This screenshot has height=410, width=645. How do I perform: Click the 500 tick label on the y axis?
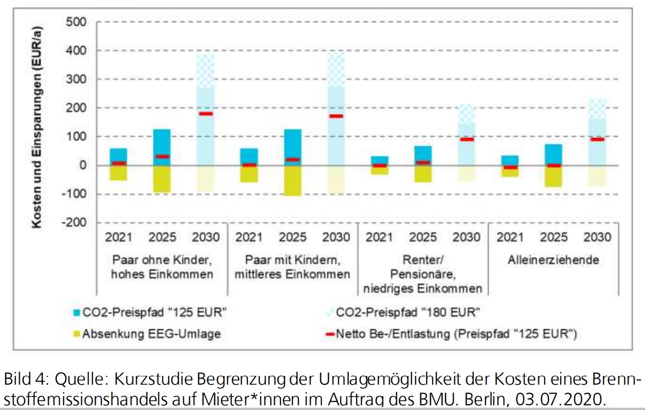[x=76, y=23]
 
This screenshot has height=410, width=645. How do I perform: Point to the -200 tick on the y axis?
[x=74, y=223]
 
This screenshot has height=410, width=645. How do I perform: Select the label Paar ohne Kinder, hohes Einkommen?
[x=162, y=267]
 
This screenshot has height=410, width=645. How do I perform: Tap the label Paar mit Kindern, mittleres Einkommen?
[x=292, y=267]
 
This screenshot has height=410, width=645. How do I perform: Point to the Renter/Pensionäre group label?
[x=423, y=274]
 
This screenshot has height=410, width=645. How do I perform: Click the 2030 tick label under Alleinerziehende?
[x=597, y=238]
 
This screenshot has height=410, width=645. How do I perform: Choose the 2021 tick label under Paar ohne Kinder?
[x=119, y=238]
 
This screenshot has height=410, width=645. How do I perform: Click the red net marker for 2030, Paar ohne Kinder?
[x=206, y=114]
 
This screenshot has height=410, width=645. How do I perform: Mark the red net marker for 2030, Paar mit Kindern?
[x=336, y=116]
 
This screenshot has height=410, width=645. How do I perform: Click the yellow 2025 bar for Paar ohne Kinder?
[x=162, y=179]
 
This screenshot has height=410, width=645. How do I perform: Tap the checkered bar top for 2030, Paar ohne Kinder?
[x=206, y=71]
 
